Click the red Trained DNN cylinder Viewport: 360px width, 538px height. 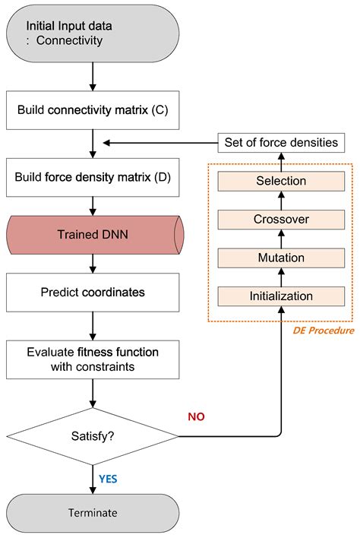click(92, 234)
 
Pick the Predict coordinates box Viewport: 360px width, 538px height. click(92, 292)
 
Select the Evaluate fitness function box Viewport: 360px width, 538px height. click(92, 359)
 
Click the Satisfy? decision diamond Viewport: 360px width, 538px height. click(92, 436)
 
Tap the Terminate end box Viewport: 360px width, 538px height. click(92, 512)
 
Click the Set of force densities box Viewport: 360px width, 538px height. click(281, 142)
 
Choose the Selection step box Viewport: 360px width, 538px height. click(281, 181)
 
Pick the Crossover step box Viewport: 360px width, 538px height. click(281, 220)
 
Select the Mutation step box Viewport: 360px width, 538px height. click(281, 258)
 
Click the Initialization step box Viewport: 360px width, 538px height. click(281, 296)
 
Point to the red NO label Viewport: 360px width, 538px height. click(196, 416)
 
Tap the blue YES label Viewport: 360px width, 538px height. click(108, 479)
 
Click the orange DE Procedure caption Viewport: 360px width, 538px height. click(324, 331)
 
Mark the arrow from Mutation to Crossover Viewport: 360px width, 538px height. click(281, 239)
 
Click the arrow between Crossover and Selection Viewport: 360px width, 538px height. click(281, 200)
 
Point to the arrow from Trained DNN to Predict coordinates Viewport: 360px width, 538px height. click(92, 263)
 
